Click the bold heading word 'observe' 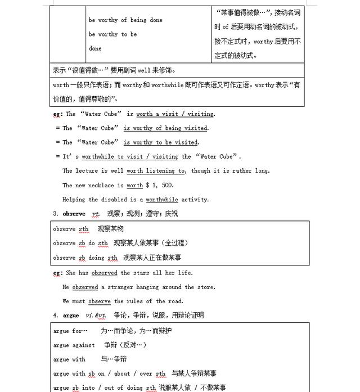[74, 214]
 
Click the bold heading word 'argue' [71, 316]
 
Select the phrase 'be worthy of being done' [125, 20]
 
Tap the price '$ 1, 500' [160, 185]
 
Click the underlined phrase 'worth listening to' [156, 171]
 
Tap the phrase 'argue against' [74, 345]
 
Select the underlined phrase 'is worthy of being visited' [165, 128]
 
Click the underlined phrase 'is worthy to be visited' [161, 142]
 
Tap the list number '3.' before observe [56, 214]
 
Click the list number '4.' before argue [56, 316]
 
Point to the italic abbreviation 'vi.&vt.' [96, 316]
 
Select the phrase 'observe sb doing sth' [85, 258]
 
